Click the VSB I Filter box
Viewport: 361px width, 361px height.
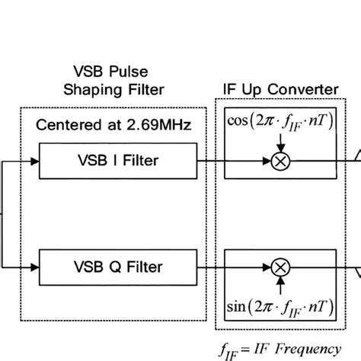[119, 161]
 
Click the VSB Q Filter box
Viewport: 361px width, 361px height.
[119, 267]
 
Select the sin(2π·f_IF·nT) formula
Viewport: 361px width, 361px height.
[281, 308]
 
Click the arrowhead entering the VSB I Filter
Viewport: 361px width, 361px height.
[34, 161]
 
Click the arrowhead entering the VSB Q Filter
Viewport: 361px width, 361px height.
[34, 267]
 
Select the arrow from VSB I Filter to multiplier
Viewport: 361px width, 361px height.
[236, 161]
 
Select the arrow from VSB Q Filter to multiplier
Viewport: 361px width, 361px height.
[236, 267]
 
